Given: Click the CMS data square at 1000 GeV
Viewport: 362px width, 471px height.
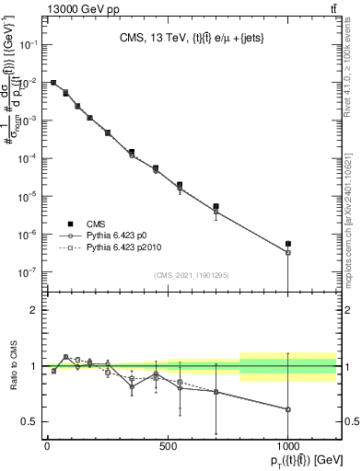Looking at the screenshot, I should tap(288, 244).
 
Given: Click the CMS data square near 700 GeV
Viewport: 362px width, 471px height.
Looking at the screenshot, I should tap(216, 207).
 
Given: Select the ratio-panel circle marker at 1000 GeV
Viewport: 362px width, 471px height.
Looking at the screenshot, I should tap(288, 409).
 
